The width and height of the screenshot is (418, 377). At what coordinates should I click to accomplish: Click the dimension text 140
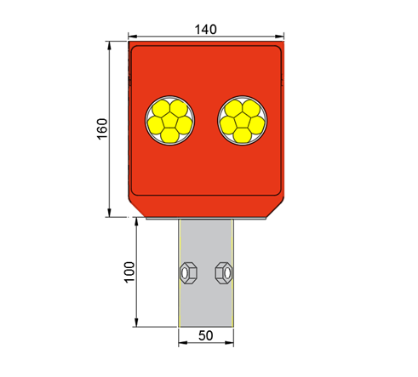(206, 28)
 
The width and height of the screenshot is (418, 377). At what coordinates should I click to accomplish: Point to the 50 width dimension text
(205, 335)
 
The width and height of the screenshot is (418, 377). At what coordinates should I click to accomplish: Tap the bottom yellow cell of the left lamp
(171, 134)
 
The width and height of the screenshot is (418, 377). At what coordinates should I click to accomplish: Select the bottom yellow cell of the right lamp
(243, 134)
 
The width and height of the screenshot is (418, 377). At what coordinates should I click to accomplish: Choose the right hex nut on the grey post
(223, 272)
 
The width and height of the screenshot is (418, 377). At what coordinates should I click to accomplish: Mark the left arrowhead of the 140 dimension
(132, 37)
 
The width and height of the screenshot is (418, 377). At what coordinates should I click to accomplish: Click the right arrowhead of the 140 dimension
(282, 37)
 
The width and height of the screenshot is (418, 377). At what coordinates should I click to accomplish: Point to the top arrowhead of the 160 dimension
(111, 45)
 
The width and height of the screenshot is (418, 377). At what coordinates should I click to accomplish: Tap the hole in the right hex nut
(223, 272)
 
